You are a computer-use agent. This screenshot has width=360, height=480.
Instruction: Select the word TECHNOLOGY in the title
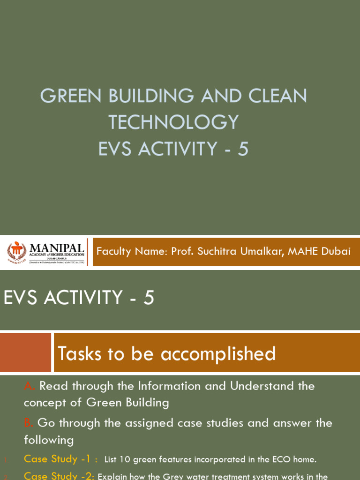[x=173, y=122]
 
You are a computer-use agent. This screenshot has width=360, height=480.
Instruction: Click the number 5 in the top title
[x=242, y=149]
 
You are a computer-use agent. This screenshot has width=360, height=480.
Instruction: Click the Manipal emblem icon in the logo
[x=16, y=252]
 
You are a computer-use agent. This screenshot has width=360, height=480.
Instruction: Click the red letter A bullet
[x=29, y=386]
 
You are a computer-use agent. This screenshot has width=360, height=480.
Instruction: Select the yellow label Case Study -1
[x=60, y=459]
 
